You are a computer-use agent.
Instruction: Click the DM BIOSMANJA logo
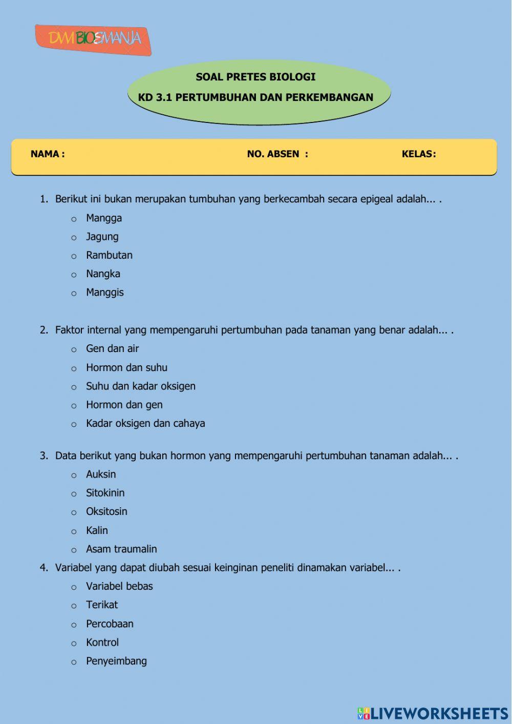(x=93, y=39)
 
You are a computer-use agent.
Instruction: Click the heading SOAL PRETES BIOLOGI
(x=255, y=77)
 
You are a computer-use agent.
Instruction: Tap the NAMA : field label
(x=48, y=154)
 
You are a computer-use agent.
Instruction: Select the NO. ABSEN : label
(x=278, y=154)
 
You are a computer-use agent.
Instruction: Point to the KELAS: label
(x=418, y=154)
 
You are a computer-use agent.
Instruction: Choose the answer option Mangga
(x=104, y=218)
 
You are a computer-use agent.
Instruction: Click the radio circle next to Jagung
(x=74, y=238)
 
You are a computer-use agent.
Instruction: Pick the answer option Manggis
(x=105, y=293)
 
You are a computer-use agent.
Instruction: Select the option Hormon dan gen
(x=124, y=405)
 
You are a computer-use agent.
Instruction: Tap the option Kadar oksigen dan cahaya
(x=145, y=423)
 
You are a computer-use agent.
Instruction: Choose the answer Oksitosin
(x=106, y=511)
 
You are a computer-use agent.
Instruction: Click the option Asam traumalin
(x=121, y=549)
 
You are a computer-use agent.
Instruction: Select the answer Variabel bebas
(x=119, y=586)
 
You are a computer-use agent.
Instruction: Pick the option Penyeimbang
(x=116, y=661)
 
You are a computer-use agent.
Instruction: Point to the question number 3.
(x=44, y=456)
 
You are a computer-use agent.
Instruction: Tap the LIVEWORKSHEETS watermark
(x=433, y=713)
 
